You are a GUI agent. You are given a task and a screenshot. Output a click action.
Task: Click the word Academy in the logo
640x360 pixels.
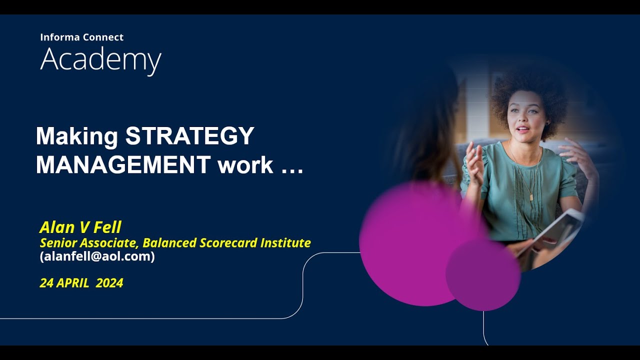click(x=100, y=60)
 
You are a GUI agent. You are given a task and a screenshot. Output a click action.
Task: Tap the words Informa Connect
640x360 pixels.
click(x=81, y=37)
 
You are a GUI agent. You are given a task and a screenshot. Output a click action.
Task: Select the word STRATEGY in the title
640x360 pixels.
click(x=190, y=136)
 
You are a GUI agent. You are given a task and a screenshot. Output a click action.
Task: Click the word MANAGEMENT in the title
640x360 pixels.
click(x=123, y=165)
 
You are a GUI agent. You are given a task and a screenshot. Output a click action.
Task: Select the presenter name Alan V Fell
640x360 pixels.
click(x=80, y=228)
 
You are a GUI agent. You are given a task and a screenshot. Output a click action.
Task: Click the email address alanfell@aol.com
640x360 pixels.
click(x=97, y=256)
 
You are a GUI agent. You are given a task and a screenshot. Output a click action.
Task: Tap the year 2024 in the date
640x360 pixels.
click(x=109, y=283)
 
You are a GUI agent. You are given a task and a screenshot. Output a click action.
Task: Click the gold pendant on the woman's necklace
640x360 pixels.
click(x=531, y=197)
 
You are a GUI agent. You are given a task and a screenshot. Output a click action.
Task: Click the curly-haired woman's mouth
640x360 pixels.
click(x=522, y=129)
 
